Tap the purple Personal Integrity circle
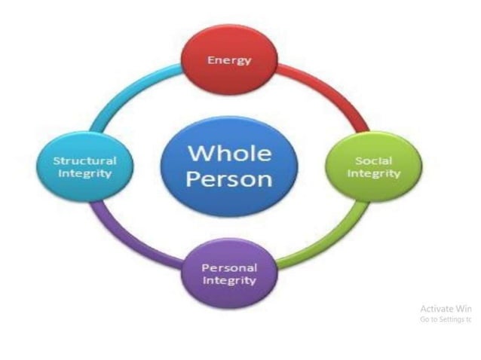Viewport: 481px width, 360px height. click(229, 274)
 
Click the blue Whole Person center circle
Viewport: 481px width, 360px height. click(229, 166)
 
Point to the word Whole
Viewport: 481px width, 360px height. click(229, 153)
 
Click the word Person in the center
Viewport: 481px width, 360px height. click(229, 180)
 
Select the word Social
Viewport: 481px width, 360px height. click(372, 160)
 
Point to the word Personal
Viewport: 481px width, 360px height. click(229, 268)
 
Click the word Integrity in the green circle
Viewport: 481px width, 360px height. click(372, 174)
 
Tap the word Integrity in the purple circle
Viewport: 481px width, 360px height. click(229, 281)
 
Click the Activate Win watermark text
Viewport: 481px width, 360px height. click(446, 309)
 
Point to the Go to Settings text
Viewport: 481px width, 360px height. click(446, 319)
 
